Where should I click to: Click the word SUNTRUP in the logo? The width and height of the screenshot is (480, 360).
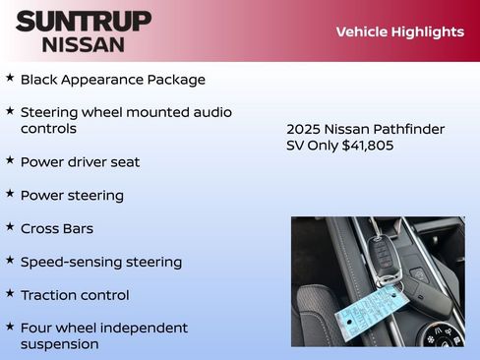click(84, 21)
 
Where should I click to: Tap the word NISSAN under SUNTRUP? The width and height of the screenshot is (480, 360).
click(84, 43)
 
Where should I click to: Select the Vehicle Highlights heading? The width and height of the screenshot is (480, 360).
click(399, 31)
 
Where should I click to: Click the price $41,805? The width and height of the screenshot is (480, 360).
click(368, 146)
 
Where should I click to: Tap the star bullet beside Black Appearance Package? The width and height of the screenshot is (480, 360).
click(10, 78)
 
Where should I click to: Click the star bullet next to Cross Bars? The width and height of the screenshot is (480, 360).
click(10, 227)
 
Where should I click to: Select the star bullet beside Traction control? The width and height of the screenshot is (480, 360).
click(10, 293)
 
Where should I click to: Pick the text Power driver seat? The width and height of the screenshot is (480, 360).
click(80, 161)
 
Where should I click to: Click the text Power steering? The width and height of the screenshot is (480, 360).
click(72, 195)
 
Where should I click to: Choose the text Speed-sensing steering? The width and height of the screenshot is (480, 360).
click(100, 262)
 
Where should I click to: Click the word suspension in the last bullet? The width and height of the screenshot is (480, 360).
click(59, 344)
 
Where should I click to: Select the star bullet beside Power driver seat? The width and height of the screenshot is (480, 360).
click(10, 160)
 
